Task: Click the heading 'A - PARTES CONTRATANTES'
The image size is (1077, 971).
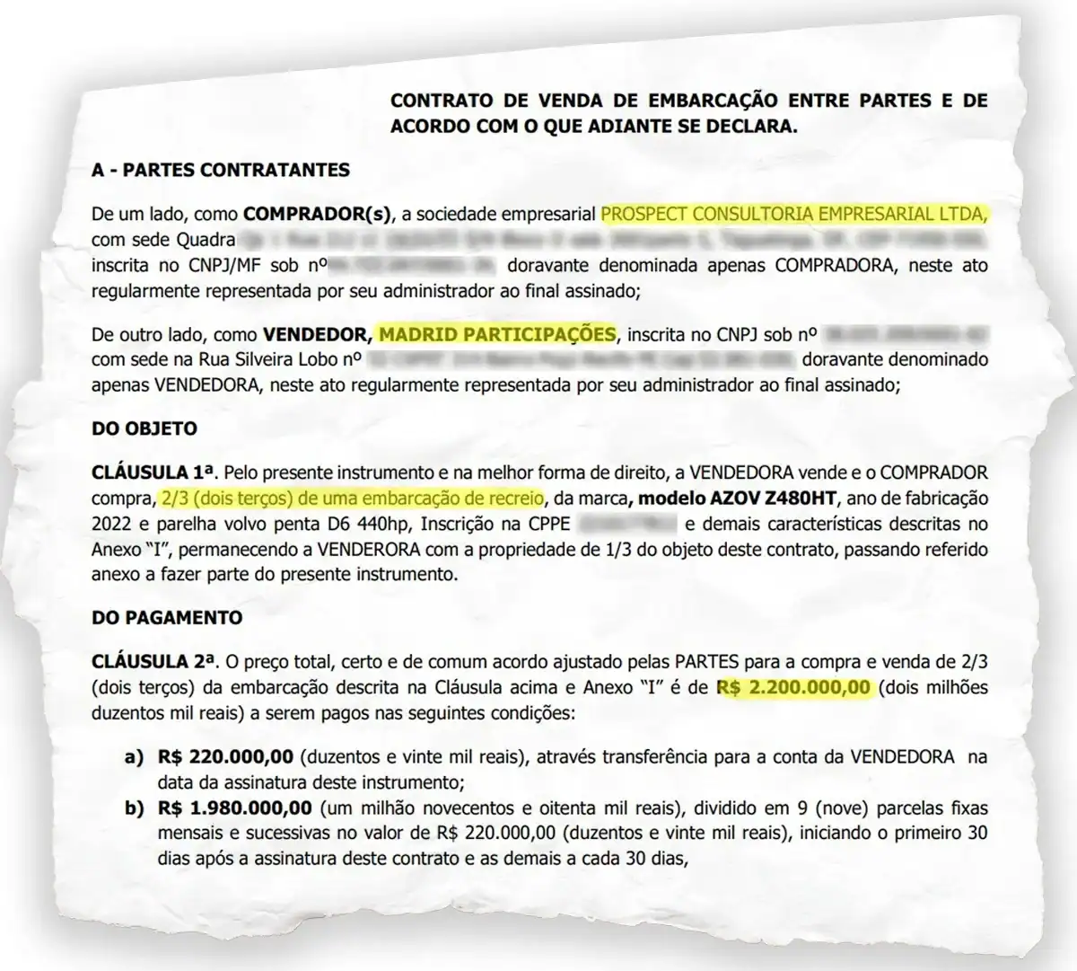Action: (x=221, y=170)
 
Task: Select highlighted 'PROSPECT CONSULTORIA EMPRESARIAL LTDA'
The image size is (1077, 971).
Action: (x=794, y=214)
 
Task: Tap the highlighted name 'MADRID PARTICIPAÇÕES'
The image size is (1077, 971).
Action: (x=497, y=334)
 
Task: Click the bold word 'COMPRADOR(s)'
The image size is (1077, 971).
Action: (x=318, y=215)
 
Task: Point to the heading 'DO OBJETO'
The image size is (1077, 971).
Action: (x=144, y=428)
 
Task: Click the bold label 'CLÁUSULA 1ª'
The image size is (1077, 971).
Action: (x=153, y=472)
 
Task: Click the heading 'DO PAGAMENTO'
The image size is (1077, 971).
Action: (x=167, y=618)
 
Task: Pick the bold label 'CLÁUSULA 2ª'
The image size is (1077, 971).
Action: (x=153, y=662)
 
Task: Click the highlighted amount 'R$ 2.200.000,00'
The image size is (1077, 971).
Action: (x=793, y=688)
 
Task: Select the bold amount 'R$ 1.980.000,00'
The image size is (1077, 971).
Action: (x=234, y=808)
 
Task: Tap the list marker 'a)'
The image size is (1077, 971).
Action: (x=134, y=757)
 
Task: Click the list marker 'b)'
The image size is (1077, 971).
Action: (x=134, y=808)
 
